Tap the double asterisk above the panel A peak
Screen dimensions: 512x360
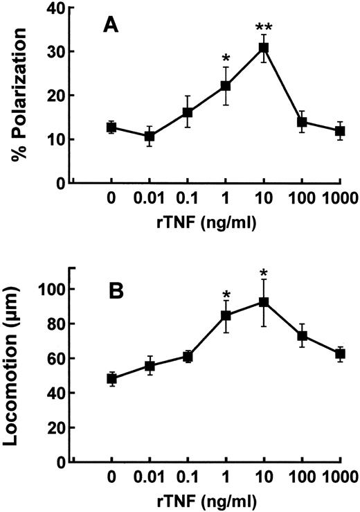[263, 28]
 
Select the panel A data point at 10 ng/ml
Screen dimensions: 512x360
[263, 48]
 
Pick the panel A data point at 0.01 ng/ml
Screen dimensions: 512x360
[149, 136]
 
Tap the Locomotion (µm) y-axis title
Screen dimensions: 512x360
[20, 360]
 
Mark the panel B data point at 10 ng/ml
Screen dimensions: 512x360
[263, 302]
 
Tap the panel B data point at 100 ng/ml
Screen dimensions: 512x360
[301, 335]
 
